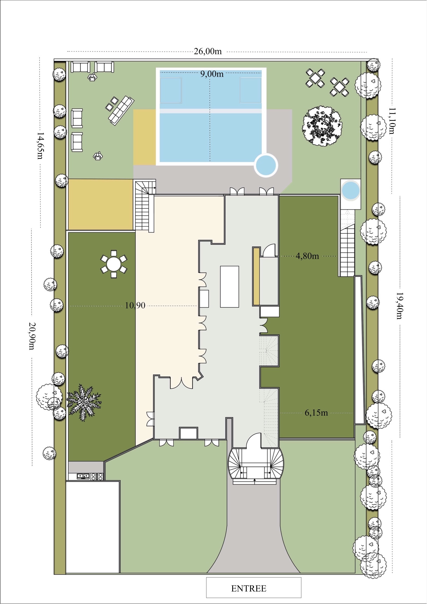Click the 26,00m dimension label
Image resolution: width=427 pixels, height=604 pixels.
coord(208,51)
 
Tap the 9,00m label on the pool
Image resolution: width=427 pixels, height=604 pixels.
coord(212,74)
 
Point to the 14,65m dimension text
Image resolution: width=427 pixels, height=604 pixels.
coord(40,146)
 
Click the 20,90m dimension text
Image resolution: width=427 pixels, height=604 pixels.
coord(32,336)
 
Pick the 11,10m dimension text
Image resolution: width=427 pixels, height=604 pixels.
coord(392,121)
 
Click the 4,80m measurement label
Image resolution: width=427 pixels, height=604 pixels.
coord(307,256)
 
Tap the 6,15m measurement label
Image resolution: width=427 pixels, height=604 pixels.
coord(316,413)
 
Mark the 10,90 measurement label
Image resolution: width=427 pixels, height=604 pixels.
coord(135,305)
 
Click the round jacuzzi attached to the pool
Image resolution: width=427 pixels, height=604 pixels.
coord(266,165)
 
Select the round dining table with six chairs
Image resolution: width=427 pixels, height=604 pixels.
coord(113,264)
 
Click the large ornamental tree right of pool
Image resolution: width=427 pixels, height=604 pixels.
coord(322,126)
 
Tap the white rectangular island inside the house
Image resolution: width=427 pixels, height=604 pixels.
coord(229,287)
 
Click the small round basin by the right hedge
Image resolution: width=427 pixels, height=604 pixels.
coord(351,190)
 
